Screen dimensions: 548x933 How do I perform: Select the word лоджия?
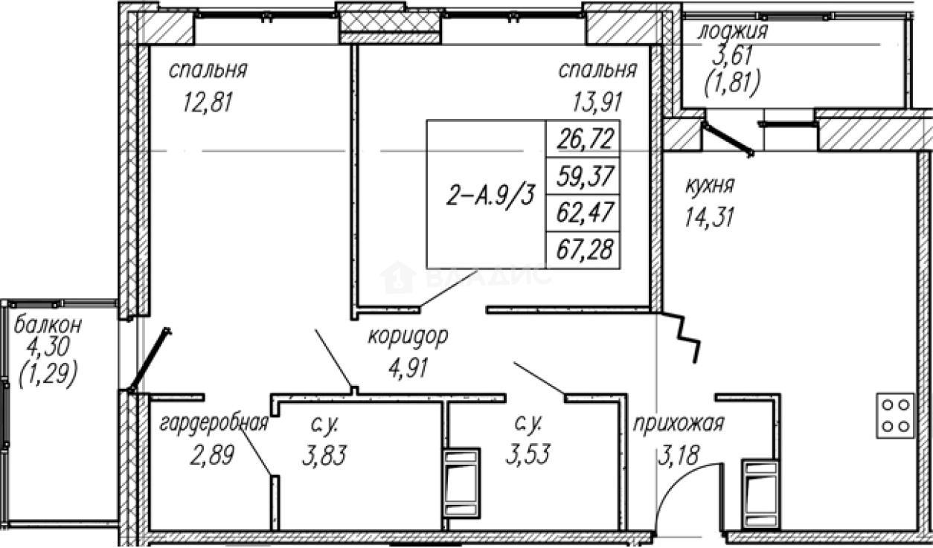(x=733, y=32)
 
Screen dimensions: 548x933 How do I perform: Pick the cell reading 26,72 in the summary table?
(x=583, y=138)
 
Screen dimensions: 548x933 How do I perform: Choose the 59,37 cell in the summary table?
(x=583, y=176)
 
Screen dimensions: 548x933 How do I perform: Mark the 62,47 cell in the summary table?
(x=583, y=214)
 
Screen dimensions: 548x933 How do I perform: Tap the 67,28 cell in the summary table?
(x=583, y=251)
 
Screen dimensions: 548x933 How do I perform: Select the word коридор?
(x=408, y=337)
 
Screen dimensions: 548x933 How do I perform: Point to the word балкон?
(x=48, y=325)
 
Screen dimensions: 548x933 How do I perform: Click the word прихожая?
(x=679, y=424)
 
